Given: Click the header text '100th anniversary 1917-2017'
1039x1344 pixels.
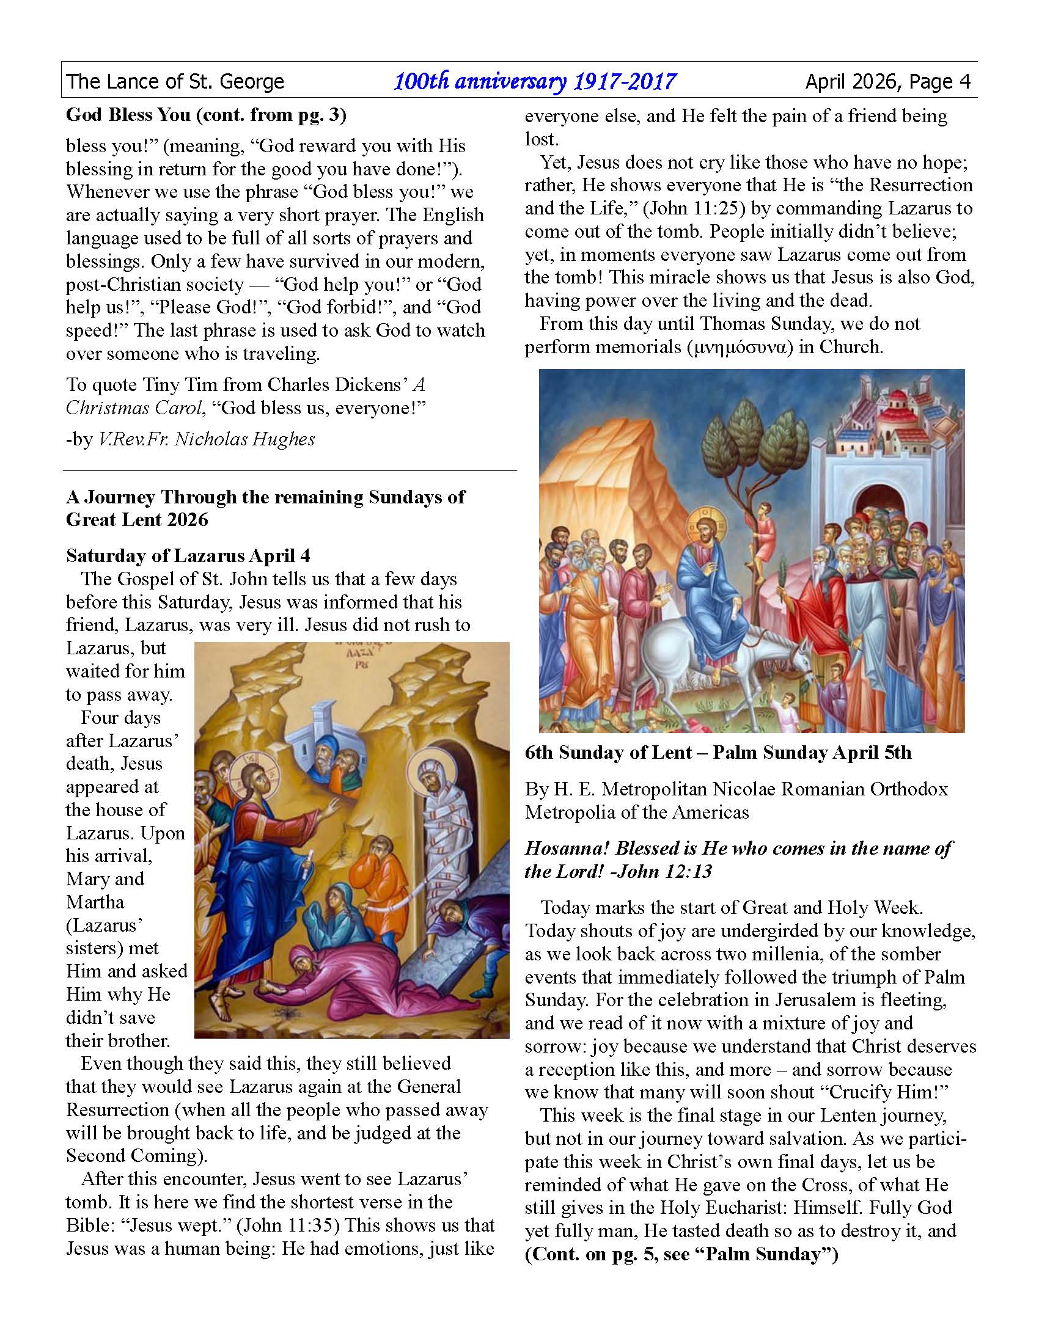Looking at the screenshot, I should point(534,81).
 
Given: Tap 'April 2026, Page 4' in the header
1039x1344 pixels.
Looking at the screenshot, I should point(887,81).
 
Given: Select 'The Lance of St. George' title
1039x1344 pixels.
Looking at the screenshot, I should point(175,81).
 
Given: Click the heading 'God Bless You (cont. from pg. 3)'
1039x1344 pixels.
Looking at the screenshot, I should point(206,114).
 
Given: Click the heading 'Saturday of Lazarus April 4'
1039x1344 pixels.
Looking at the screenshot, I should point(188,556).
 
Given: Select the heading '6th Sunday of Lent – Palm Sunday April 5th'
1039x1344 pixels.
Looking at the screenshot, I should point(718,753).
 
